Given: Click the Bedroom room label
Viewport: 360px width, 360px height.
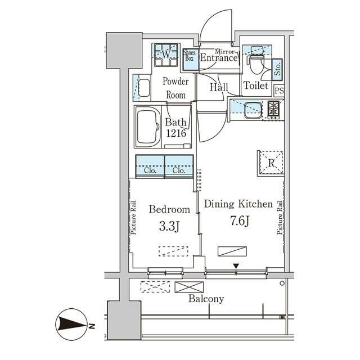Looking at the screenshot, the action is (169, 209).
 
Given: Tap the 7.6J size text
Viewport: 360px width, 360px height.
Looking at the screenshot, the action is (240, 221).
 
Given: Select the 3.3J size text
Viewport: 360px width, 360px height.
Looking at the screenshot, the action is (169, 227).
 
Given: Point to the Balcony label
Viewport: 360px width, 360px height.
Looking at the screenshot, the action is (206, 299).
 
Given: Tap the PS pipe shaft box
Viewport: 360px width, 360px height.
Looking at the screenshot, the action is (279, 91).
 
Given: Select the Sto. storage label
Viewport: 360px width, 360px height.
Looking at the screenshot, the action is (277, 69).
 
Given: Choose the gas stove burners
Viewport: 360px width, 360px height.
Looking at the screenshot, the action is (273, 110).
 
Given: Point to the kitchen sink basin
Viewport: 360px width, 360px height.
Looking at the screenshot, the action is (253, 110).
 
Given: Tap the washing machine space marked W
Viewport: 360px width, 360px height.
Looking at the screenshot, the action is (166, 55).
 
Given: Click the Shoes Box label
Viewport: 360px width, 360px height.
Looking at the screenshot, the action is (190, 56).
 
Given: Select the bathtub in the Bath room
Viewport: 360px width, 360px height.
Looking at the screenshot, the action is (148, 127).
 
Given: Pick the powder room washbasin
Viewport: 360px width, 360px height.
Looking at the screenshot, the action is (145, 88).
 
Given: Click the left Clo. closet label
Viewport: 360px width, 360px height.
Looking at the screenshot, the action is (150, 170).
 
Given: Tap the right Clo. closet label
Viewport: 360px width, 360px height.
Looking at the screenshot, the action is (179, 170).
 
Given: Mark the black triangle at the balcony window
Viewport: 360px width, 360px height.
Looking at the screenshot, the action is (236, 266).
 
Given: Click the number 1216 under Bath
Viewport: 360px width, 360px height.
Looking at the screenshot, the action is (176, 133).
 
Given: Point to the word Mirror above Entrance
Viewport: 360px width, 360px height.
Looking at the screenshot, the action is (225, 51).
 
